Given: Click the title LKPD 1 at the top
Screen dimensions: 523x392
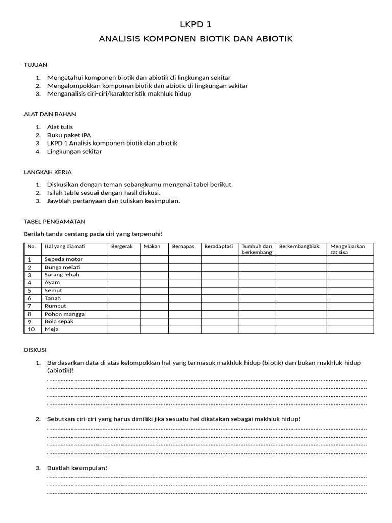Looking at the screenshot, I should click(x=195, y=24).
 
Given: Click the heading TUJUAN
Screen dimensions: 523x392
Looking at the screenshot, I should click(x=36, y=65).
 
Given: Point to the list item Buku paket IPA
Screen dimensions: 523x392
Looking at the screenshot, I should click(x=69, y=135).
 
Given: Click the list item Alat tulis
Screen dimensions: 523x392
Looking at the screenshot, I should click(x=60, y=127).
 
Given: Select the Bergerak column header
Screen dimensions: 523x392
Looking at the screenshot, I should click(x=122, y=246).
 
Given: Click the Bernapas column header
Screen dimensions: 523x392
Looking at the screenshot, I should click(x=183, y=246).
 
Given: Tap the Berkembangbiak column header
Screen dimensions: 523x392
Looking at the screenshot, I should click(x=300, y=246).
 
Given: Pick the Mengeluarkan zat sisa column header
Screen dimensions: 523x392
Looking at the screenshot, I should click(x=348, y=249).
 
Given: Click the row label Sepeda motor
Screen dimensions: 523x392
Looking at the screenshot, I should click(x=64, y=259).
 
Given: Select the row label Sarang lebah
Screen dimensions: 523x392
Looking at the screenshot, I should click(x=62, y=275).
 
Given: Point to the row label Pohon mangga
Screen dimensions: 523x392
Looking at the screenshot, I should click(x=65, y=314).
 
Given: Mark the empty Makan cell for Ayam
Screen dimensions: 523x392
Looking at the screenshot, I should click(x=154, y=282).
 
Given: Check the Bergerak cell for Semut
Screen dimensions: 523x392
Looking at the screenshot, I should click(x=124, y=291).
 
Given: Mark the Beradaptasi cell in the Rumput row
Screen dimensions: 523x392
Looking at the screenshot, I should click(x=219, y=306).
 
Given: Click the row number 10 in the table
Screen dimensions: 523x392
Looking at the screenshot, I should click(x=31, y=329).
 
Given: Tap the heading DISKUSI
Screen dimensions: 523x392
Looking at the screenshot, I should click(x=35, y=350).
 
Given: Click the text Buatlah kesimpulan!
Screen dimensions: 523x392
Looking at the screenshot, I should click(x=78, y=468).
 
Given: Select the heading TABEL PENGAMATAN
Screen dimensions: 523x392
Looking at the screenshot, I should click(x=55, y=221).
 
